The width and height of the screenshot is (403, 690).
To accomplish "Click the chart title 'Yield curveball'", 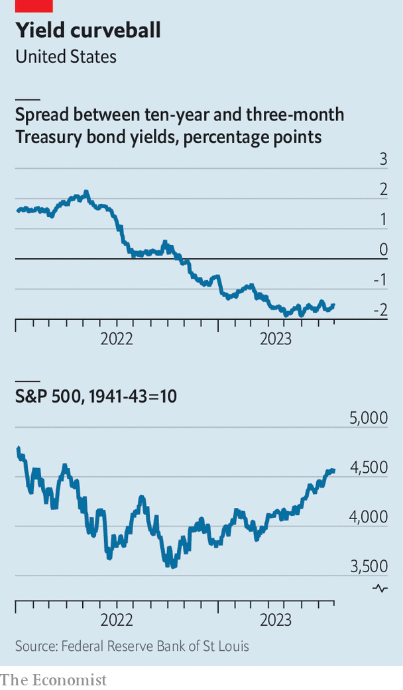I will [x=88, y=30].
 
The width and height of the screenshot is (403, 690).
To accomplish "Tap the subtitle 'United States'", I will [x=66, y=57].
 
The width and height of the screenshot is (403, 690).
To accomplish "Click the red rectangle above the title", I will [x=34, y=6].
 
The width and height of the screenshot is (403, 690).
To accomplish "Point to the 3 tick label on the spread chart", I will [x=382, y=159].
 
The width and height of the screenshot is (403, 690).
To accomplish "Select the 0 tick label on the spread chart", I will [x=382, y=250].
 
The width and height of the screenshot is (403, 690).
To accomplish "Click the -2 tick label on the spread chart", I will [x=379, y=311].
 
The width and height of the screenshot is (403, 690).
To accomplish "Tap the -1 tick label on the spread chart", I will [x=379, y=280].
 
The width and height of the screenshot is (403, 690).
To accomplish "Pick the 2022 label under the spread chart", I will [x=117, y=339].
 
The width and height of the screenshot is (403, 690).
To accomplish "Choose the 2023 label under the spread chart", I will [x=276, y=339].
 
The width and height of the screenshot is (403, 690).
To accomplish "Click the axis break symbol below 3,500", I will [x=380, y=587].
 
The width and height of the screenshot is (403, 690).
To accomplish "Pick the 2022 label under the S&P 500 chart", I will [x=117, y=620].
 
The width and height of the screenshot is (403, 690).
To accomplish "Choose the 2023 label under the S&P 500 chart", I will [x=276, y=620].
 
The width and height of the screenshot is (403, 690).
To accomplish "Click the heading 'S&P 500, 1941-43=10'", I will [x=96, y=397].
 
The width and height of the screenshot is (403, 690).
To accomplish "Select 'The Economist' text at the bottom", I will [x=53, y=680].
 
